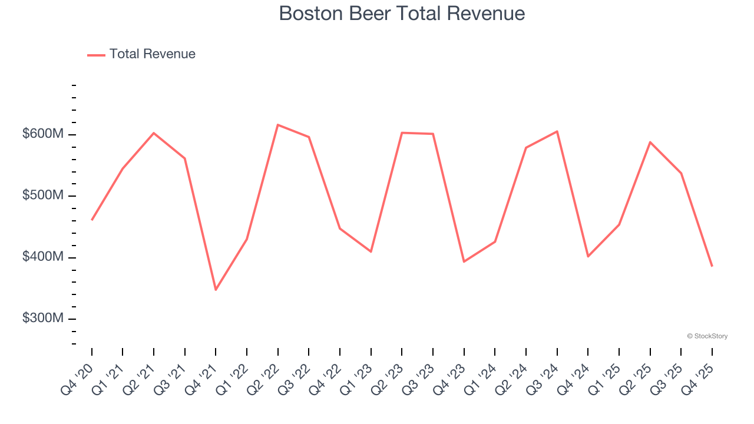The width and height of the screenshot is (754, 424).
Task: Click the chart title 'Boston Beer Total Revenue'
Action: [402, 13]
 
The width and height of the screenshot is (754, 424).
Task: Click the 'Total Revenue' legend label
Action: [152, 54]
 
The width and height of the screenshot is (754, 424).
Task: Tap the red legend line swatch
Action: [96, 55]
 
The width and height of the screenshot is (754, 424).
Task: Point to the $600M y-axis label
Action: [42, 134]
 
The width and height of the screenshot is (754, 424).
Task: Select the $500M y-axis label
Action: [42, 196]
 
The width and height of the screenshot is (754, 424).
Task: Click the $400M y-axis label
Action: [42, 257]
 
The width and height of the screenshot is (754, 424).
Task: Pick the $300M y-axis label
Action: [42, 319]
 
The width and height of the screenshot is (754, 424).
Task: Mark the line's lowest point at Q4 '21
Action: [216, 290]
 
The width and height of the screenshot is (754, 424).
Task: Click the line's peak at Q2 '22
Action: [277, 125]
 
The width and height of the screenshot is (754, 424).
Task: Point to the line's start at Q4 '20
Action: [92, 220]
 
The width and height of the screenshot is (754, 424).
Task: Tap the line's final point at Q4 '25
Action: [712, 266]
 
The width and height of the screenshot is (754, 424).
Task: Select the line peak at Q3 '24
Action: [557, 131]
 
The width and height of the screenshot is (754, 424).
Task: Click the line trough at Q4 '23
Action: [464, 261]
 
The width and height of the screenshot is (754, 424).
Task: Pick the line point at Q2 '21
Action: [154, 133]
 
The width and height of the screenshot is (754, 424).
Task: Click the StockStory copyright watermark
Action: [707, 336]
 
